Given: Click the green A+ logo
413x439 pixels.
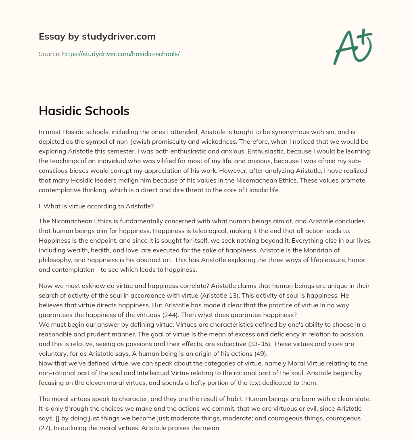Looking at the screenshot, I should tap(352, 46).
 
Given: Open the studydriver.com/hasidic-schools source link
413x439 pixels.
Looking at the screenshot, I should tap(121, 54).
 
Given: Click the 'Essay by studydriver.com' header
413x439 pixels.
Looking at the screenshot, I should tap(97, 36).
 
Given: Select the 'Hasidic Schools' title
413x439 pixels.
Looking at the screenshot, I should tap(84, 111).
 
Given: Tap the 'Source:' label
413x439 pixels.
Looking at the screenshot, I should tap(49, 54).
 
